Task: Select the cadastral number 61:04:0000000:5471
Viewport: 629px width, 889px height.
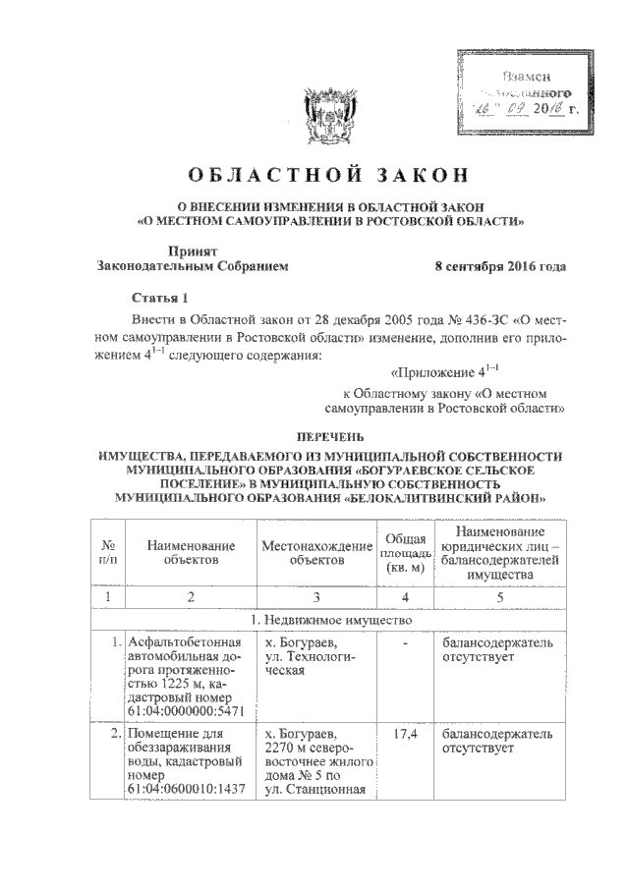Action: (186, 710)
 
